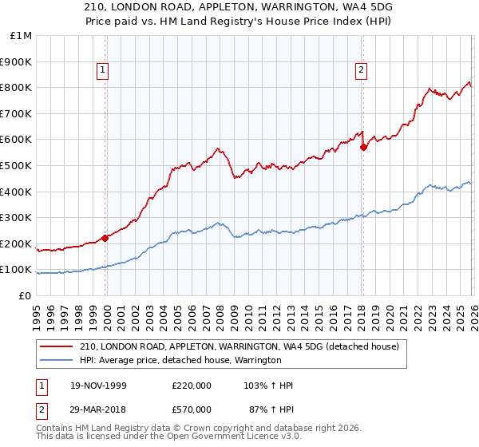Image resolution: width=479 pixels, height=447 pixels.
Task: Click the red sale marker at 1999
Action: (105, 238)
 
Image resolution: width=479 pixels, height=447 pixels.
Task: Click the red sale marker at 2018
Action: (363, 147)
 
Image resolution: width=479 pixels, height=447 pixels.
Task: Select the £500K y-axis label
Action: (18, 166)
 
